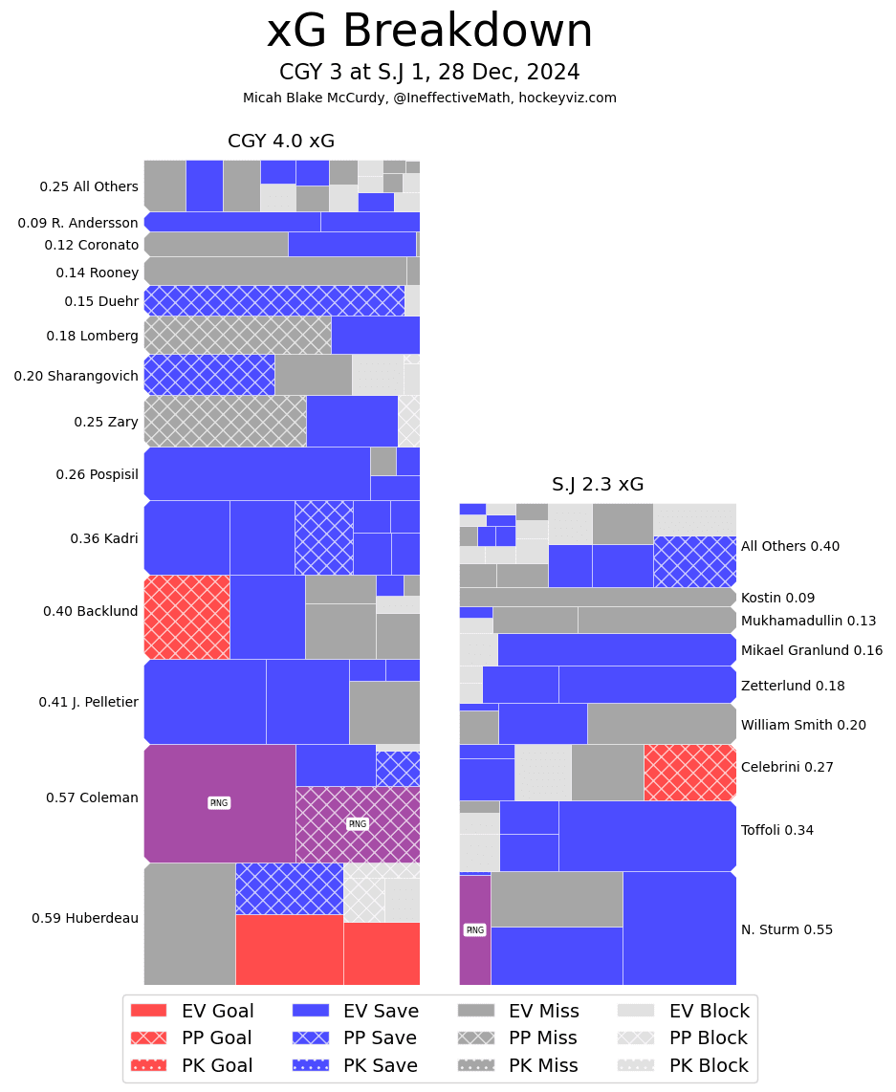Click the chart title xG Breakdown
429,32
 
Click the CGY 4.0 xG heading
281,142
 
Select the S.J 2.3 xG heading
598,484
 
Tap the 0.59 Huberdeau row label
85,918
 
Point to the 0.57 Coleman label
92,797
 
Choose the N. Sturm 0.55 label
787,929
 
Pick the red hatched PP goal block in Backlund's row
186,617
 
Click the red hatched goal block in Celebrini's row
689,773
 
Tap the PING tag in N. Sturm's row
474,929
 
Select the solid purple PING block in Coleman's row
219,803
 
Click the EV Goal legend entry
192,1012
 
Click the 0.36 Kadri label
104,538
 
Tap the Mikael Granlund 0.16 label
812,650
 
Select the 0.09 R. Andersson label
78,223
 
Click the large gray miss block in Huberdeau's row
189,924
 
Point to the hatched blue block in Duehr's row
273,301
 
